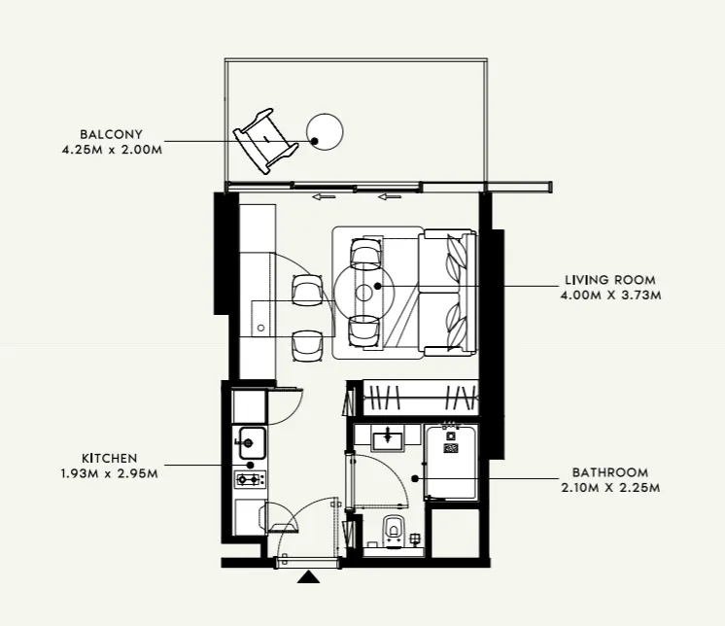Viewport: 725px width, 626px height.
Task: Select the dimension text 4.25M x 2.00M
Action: click(x=109, y=150)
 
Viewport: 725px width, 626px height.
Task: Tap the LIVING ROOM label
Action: click(x=609, y=280)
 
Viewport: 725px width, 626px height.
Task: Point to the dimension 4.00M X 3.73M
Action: click(x=609, y=295)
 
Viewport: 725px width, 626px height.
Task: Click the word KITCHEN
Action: click(x=109, y=458)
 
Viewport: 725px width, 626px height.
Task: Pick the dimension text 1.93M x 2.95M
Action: click(x=109, y=472)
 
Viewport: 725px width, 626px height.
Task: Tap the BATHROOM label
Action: click(x=609, y=472)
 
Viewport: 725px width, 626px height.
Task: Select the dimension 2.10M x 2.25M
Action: click(x=609, y=487)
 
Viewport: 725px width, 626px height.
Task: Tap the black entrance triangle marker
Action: click(x=309, y=577)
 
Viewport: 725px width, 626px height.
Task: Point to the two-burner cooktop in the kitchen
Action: click(x=250, y=479)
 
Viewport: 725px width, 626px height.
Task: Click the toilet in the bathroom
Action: click(x=393, y=529)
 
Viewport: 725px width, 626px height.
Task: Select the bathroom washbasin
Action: click(x=388, y=438)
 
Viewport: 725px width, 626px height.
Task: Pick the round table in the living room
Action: click(x=365, y=290)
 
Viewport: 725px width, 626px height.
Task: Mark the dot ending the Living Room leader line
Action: click(x=421, y=288)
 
